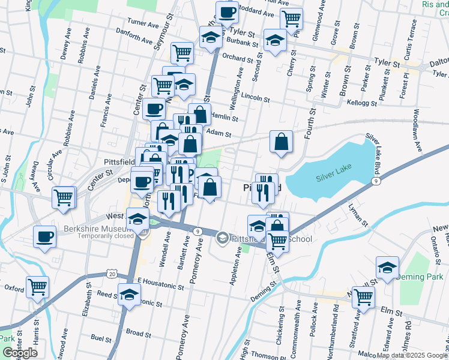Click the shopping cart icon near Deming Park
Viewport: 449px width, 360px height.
(363, 296)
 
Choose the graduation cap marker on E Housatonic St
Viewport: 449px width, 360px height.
(130, 294)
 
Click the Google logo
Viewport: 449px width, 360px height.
(20, 353)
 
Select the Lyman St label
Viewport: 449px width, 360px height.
(358, 214)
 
